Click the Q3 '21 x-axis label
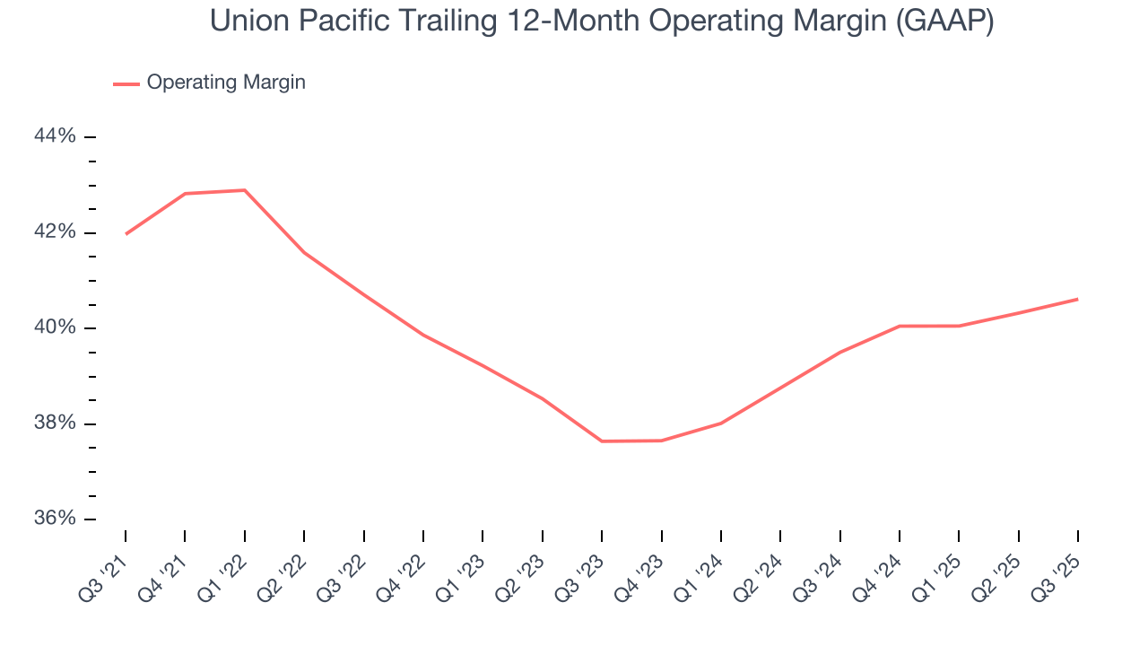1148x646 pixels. point(107,570)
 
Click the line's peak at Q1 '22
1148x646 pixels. point(244,190)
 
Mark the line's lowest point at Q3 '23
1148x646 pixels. point(602,441)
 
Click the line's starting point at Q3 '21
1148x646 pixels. point(126,233)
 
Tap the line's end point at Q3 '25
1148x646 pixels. point(1077,299)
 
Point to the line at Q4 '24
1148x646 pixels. point(899,326)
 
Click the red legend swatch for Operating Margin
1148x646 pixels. point(126,83)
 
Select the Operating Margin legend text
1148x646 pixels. point(226,83)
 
